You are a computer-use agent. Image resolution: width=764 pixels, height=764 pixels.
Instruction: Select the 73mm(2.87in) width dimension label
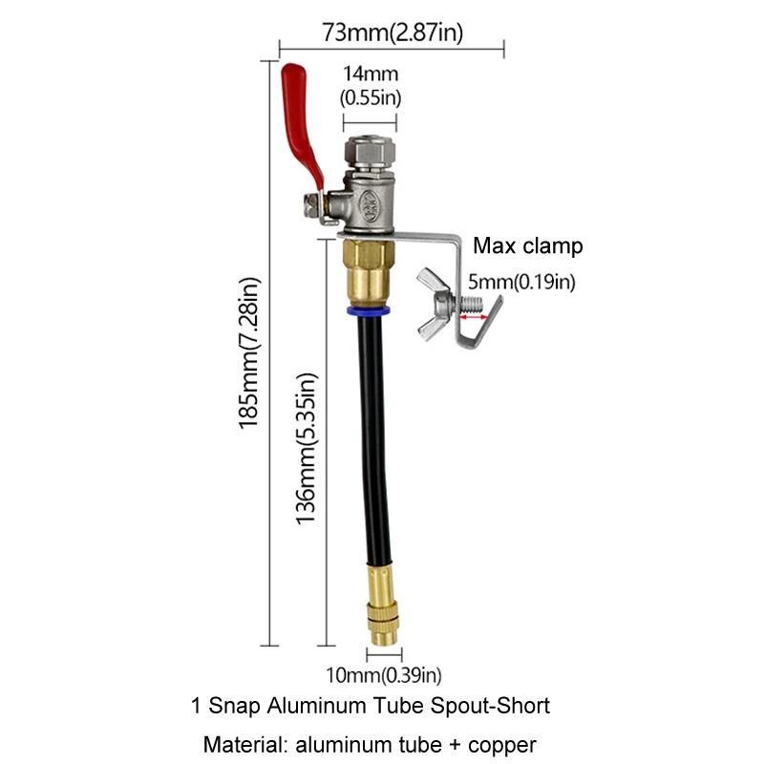pyautogui.click(x=393, y=32)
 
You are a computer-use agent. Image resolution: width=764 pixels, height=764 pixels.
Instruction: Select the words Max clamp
pyautogui.click(x=527, y=245)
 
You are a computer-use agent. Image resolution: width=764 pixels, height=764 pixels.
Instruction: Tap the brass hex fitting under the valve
pyautogui.click(x=369, y=267)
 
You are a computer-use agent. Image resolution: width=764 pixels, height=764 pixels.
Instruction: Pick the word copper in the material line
pyautogui.click(x=502, y=744)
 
